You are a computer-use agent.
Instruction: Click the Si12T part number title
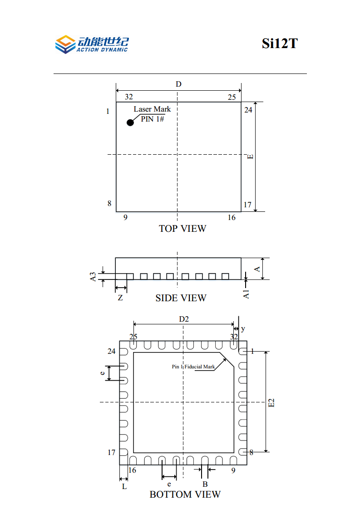[x=280, y=44]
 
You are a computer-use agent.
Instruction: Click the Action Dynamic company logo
[x=92, y=44]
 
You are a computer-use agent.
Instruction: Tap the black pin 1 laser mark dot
[x=130, y=122]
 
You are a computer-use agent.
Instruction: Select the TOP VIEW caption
[x=182, y=229]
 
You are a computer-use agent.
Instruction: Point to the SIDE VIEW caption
[x=181, y=298]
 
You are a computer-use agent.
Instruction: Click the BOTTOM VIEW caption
[x=185, y=494]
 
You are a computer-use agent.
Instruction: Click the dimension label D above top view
[x=178, y=84]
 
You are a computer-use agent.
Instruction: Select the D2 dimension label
[x=184, y=319]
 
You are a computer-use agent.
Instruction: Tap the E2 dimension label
[x=271, y=402]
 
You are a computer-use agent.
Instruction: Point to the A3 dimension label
[x=93, y=277]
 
